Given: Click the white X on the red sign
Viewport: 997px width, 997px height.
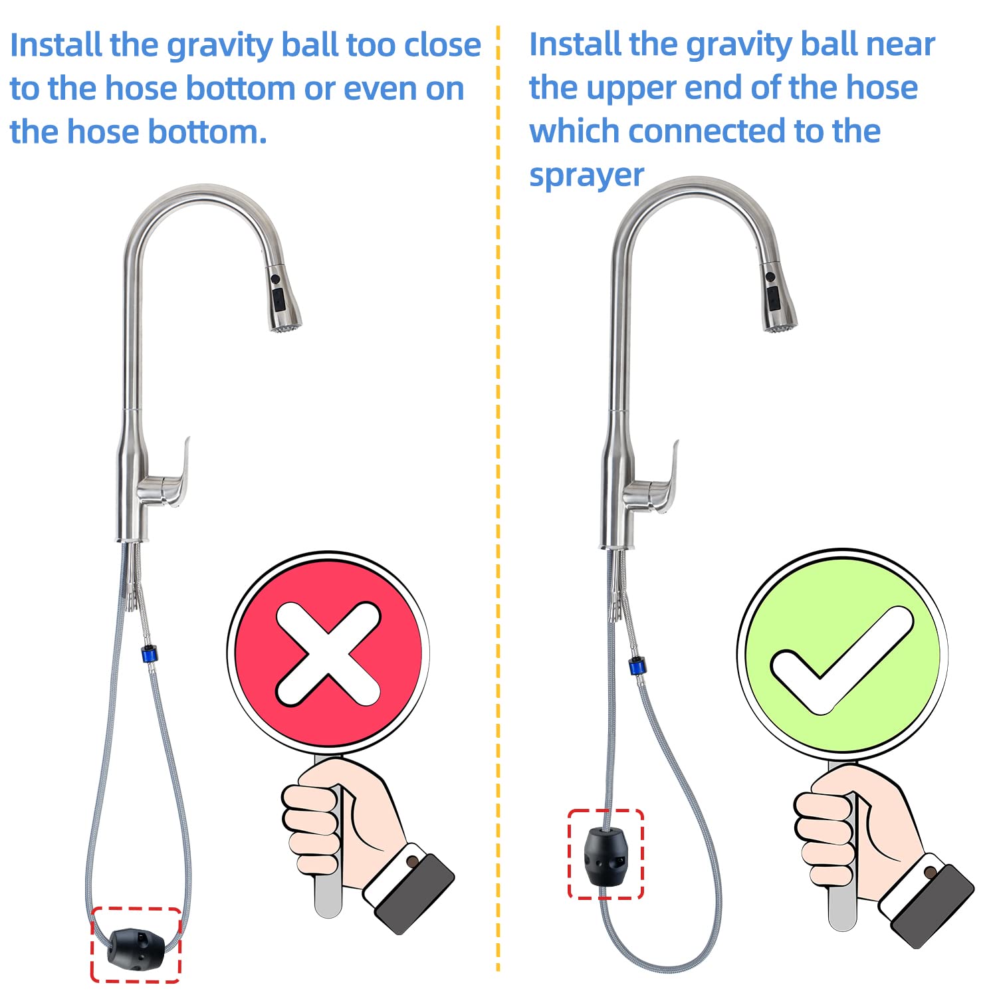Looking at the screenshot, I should [328, 653].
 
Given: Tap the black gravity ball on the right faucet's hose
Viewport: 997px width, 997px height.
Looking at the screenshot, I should [604, 856].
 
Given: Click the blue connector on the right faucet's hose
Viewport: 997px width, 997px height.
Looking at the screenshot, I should [637, 665].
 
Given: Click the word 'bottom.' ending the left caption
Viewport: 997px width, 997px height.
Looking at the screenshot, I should [207, 132].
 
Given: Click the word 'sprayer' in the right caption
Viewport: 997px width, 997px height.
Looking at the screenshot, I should [586, 175].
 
